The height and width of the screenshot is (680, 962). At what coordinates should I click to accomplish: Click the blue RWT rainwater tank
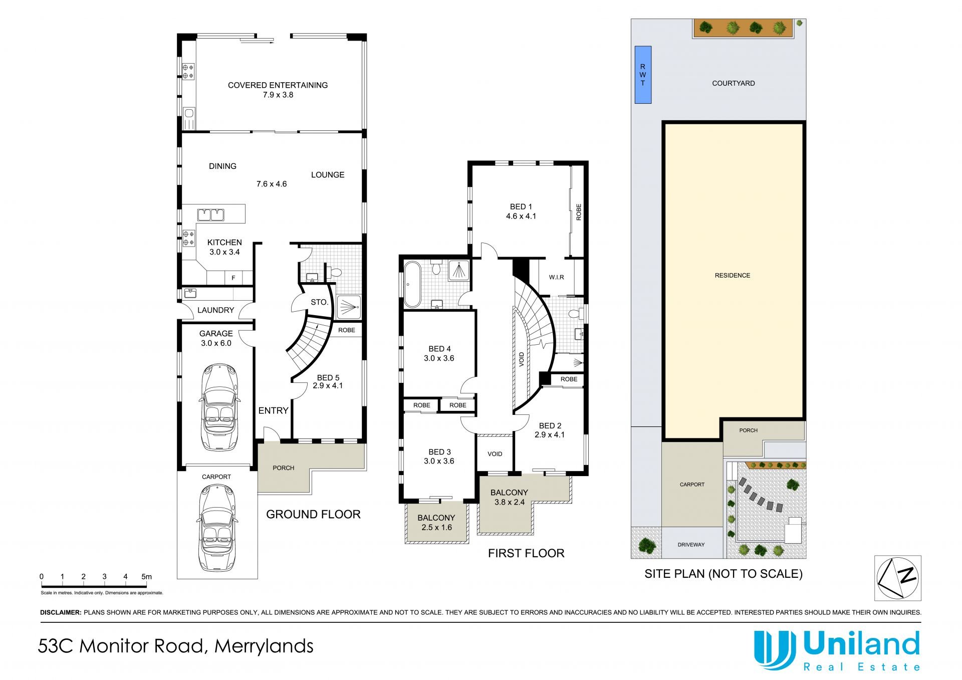[643, 75]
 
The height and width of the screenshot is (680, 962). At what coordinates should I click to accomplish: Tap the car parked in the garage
[219, 407]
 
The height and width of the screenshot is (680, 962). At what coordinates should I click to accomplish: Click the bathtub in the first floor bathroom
[413, 284]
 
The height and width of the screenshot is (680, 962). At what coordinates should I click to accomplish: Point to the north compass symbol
[897, 578]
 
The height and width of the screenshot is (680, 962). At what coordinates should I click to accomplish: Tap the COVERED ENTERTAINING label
[278, 85]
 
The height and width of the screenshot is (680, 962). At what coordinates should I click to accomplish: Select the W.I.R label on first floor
[556, 277]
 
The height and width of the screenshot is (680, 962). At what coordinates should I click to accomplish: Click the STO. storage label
[319, 302]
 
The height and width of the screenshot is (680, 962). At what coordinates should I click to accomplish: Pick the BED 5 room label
[328, 377]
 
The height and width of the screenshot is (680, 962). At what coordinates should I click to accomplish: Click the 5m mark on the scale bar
[146, 577]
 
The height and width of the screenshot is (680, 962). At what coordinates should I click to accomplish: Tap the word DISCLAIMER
[60, 612]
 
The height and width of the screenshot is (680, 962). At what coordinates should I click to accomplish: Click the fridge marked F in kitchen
[233, 278]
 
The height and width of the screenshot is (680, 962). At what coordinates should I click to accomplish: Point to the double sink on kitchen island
[210, 214]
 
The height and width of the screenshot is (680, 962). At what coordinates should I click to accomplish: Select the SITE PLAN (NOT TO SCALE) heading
[724, 574]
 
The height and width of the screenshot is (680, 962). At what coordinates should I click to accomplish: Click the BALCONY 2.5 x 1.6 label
[436, 522]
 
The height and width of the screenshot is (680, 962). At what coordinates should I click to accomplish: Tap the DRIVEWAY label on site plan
[691, 545]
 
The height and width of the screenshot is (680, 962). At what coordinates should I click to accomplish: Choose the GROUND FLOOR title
[313, 514]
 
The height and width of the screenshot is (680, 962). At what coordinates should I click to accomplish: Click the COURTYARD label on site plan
[734, 83]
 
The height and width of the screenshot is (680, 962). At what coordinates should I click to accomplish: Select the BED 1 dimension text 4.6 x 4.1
[521, 216]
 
